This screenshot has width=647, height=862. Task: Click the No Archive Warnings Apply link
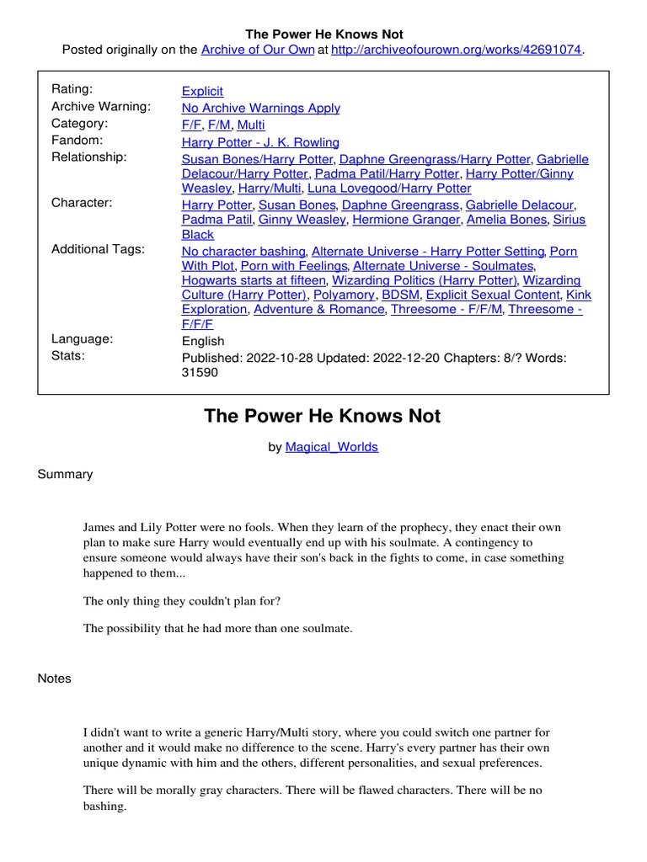[x=261, y=108]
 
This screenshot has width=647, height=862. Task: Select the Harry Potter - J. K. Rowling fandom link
[x=260, y=142]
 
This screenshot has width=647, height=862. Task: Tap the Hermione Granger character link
[x=404, y=219]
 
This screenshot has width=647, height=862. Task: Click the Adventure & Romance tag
[x=318, y=309]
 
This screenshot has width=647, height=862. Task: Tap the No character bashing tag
[x=244, y=251]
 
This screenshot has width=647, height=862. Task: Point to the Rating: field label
[x=72, y=89]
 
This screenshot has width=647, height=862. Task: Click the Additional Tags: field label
[x=98, y=249]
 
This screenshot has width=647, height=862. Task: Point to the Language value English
[x=203, y=341]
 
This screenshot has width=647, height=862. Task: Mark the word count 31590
[x=200, y=372]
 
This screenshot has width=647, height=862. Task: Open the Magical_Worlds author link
[x=332, y=447]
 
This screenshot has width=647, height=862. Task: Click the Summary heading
[x=65, y=474]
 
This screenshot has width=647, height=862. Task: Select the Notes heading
[x=55, y=678]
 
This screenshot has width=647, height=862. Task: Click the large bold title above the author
[x=323, y=416]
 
